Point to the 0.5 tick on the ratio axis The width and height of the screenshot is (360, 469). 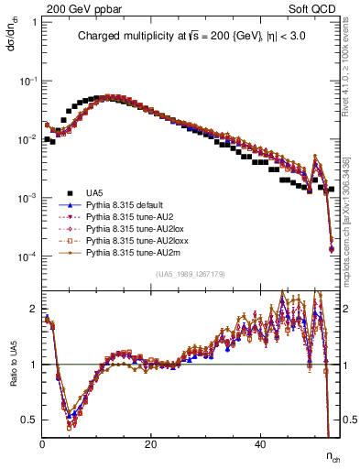pos(29,420)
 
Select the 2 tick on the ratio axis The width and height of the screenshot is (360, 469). pos(34,308)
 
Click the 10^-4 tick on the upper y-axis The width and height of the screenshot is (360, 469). pos(27,256)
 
